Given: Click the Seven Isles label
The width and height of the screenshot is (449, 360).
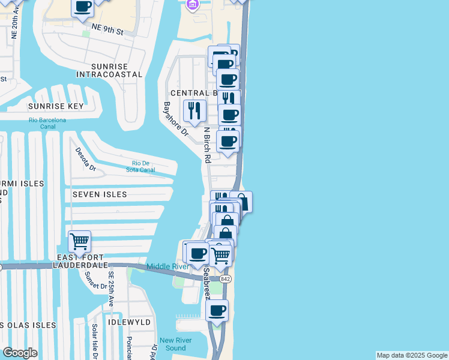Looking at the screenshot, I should tap(100, 194).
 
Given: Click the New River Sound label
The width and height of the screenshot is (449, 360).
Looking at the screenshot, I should tap(172, 344).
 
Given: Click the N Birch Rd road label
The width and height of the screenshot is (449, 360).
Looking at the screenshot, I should tap(207, 145).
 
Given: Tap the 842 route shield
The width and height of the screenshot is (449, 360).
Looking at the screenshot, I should tap(225, 279).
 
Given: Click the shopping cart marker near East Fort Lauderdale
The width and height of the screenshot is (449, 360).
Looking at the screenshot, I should tap(79, 242).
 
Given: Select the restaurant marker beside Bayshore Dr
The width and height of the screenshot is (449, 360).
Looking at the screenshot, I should tap(194, 110).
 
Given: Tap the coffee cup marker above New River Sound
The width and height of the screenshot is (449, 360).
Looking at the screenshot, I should tap(217, 311).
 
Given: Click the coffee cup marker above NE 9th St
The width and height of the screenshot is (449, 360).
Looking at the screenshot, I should tap(83, 8).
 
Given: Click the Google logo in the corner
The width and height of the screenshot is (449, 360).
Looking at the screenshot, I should tap(20, 353).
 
